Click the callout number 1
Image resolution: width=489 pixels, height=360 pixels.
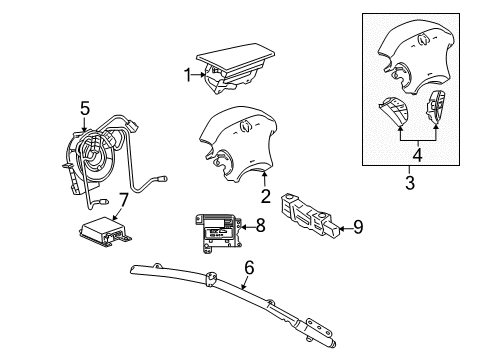pos(187,73)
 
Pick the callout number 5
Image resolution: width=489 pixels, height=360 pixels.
pos(85,107)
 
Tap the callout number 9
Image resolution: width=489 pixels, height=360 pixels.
pos(359,227)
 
